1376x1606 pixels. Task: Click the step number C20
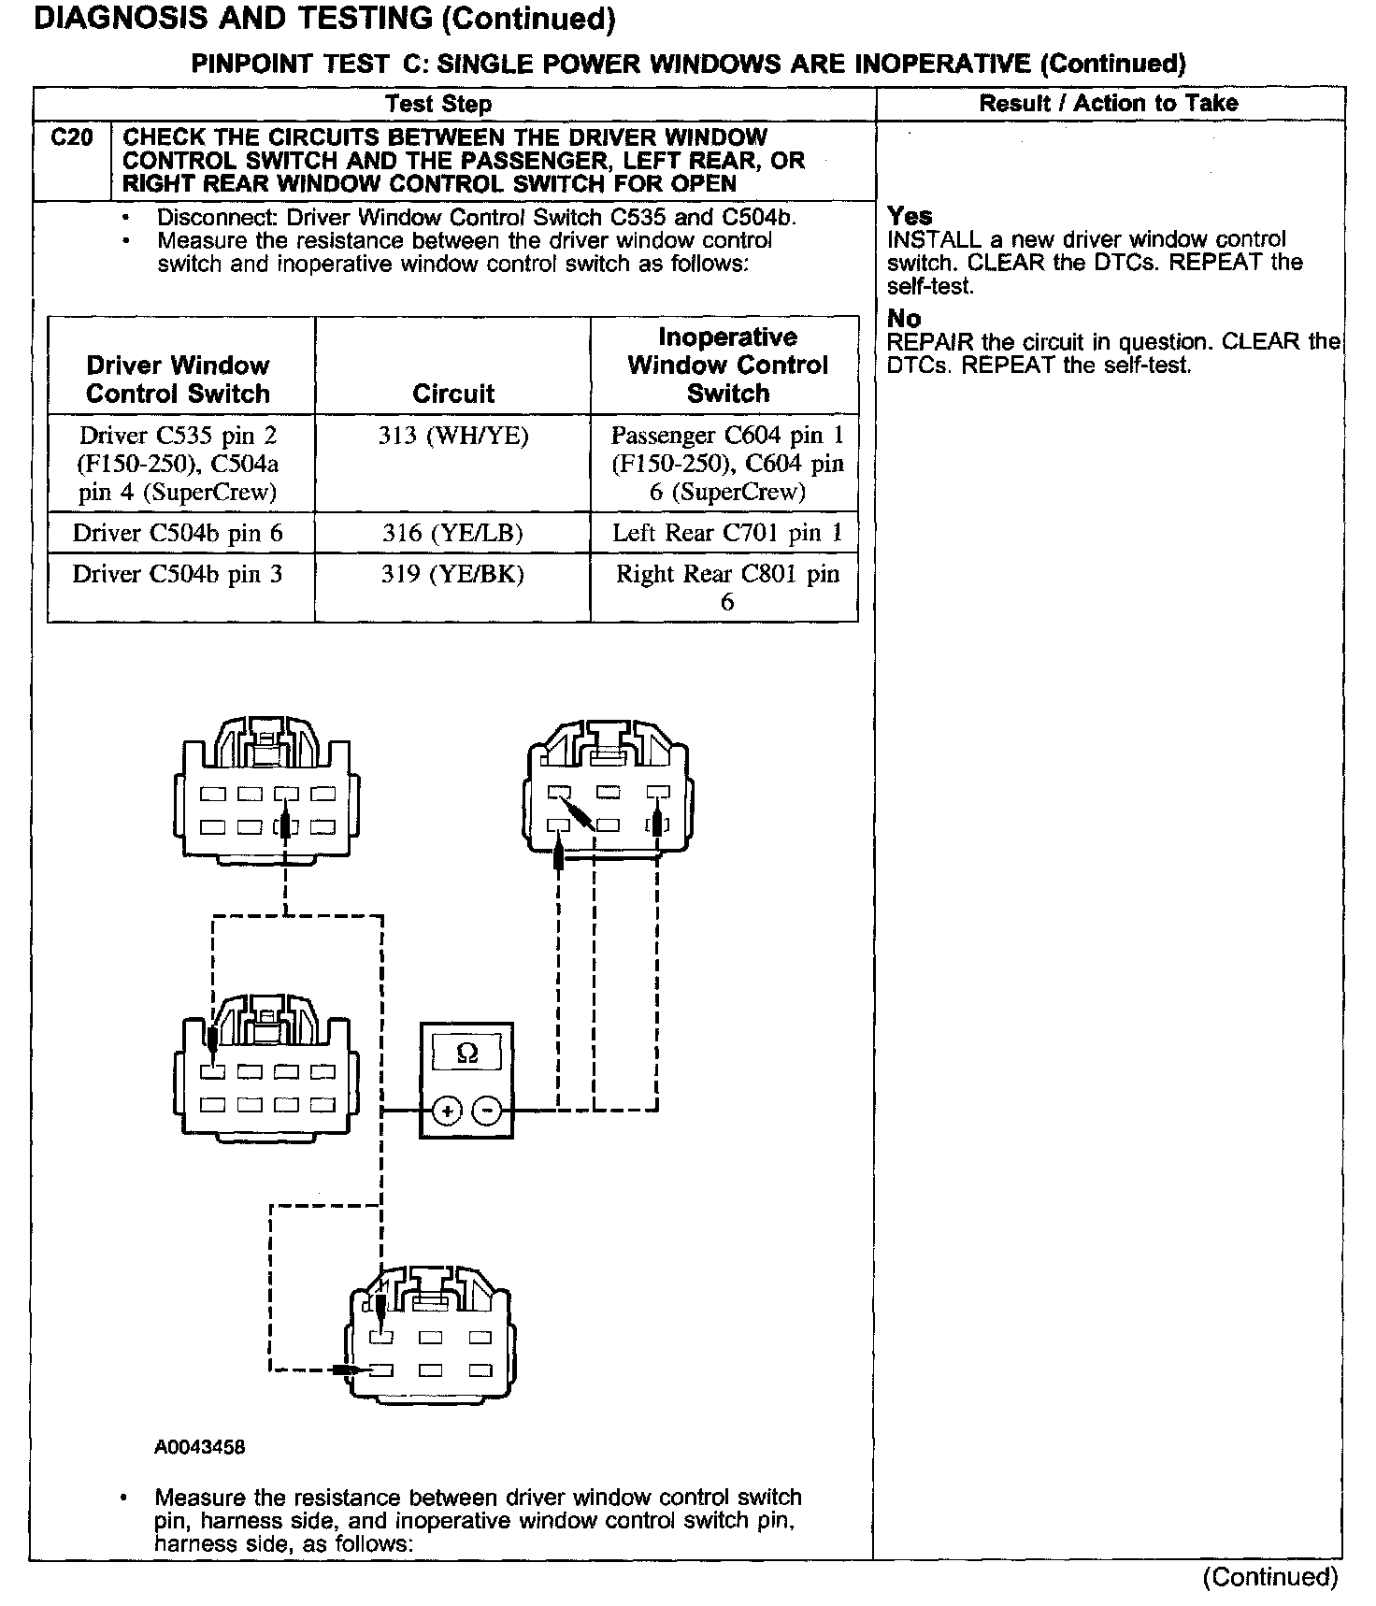tap(71, 138)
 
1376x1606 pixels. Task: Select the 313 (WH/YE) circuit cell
tap(453, 436)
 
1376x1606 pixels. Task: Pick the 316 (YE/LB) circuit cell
tap(453, 534)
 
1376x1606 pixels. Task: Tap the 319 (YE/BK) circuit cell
tap(453, 574)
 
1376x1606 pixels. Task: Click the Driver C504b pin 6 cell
tap(178, 534)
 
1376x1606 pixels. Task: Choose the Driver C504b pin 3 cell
tap(178, 574)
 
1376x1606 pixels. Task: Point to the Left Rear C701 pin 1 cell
tap(726, 534)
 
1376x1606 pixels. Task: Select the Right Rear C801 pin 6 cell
tap(726, 587)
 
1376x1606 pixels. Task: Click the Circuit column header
tap(453, 394)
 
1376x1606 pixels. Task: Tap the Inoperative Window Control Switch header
tap(726, 366)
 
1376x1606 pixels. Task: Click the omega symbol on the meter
tap(467, 1054)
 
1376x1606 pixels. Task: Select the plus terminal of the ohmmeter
tap(447, 1111)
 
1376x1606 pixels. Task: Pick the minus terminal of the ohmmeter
tap(487, 1111)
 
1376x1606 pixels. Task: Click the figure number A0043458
tap(200, 1447)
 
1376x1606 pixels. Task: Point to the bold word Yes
tap(910, 217)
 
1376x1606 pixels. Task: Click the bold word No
tap(904, 319)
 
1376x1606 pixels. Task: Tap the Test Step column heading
tap(438, 104)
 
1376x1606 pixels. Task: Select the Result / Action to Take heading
tap(1109, 104)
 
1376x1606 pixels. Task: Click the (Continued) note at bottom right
tap(1270, 1577)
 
